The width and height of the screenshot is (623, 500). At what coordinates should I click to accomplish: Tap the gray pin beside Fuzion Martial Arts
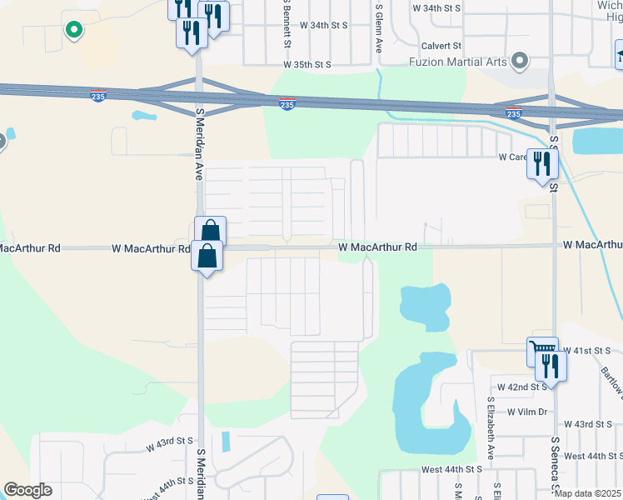(520, 61)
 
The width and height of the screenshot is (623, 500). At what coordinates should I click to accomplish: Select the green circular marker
(73, 30)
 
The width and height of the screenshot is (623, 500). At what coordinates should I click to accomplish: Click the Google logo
(27, 490)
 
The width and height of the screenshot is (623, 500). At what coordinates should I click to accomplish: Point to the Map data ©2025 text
(587, 493)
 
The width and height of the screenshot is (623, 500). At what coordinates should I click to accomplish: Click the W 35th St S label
(307, 64)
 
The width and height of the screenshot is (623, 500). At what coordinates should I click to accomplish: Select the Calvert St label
(441, 46)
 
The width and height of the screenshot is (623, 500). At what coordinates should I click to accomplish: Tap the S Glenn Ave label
(378, 29)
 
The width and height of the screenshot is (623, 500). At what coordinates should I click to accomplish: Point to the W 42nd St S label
(522, 387)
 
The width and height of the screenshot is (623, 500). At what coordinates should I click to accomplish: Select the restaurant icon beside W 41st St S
(551, 364)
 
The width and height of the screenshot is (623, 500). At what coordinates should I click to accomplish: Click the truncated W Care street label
(513, 157)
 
